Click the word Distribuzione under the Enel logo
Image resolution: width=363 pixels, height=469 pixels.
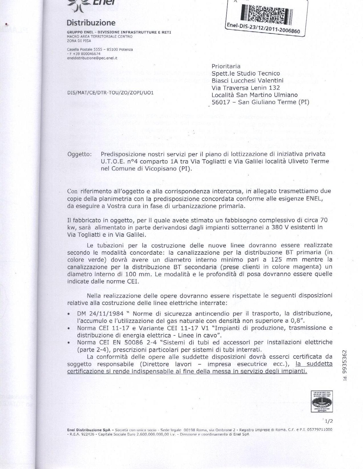[91, 23]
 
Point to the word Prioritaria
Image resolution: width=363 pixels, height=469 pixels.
[226, 66]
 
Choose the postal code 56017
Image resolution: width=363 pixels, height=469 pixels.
[221, 102]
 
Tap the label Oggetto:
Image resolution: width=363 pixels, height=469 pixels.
[79, 154]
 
